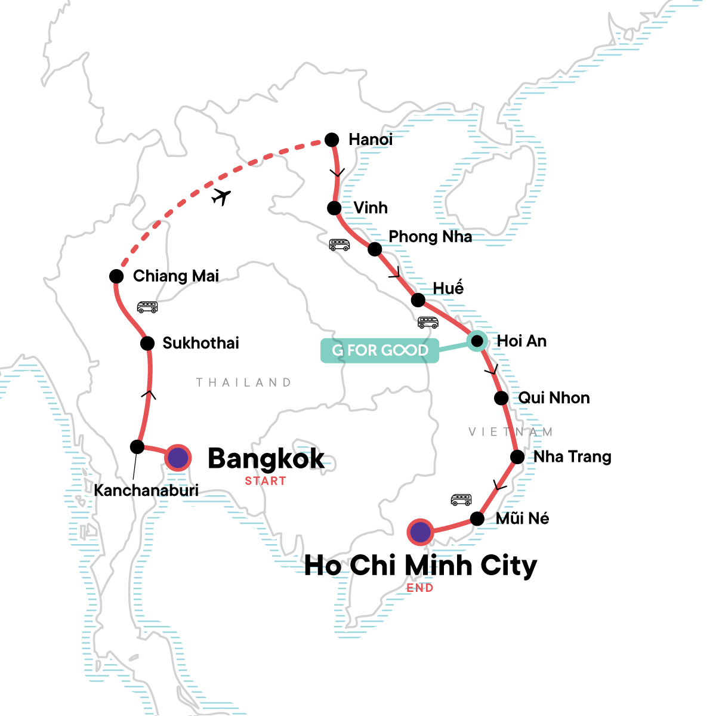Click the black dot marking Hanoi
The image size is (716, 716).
331,140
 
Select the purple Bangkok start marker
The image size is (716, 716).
178,458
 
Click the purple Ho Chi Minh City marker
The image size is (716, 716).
420,531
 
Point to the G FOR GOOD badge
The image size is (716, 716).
379,350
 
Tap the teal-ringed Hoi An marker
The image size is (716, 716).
477,341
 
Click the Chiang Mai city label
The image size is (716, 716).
176,276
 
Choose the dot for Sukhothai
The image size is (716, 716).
147,343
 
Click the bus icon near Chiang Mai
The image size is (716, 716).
147,307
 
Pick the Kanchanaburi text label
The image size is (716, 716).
146,490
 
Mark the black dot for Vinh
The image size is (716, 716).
334,208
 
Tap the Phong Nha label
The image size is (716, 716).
430,237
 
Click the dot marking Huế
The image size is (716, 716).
418,300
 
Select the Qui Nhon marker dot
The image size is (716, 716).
501,398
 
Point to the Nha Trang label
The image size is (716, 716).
572,457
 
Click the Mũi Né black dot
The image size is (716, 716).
477,519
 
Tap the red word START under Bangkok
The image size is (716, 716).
266,481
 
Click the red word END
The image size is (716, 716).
419,588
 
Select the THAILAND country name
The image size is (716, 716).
243,382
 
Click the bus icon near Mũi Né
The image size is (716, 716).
461,499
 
